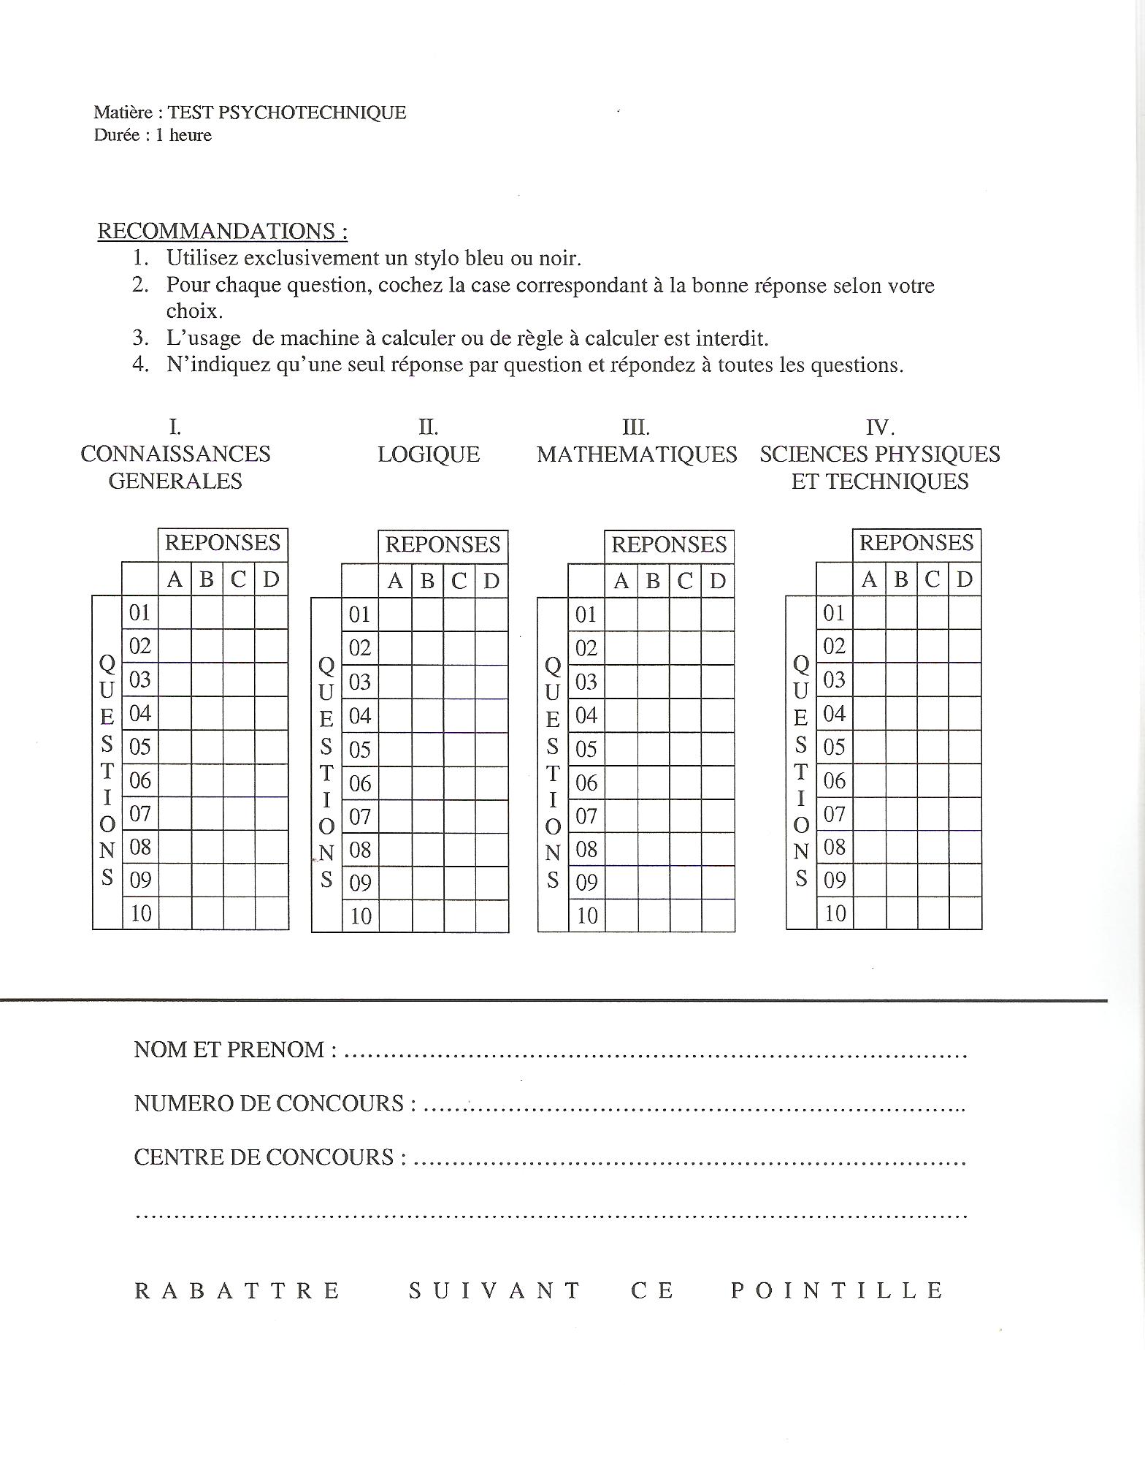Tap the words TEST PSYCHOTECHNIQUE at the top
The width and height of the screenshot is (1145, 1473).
click(x=287, y=113)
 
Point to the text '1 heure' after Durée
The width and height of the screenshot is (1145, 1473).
click(x=183, y=135)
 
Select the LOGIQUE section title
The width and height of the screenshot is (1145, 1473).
click(x=429, y=454)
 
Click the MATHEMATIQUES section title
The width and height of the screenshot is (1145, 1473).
click(x=637, y=454)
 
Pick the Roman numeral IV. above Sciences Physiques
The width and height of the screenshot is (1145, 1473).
click(x=880, y=427)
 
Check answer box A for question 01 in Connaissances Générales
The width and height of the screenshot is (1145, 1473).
click(x=175, y=613)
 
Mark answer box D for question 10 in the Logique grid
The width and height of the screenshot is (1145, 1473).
click(x=491, y=916)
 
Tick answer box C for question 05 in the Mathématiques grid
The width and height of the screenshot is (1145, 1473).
click(x=685, y=749)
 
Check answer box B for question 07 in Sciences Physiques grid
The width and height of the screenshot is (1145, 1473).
click(x=902, y=813)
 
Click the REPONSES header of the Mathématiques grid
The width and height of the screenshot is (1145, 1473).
click(x=669, y=545)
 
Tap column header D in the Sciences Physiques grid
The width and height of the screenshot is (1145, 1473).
click(x=965, y=579)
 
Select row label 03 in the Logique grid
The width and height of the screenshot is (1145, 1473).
click(x=360, y=682)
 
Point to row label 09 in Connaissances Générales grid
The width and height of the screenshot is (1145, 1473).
click(x=140, y=880)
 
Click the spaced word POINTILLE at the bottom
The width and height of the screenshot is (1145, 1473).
click(x=837, y=1290)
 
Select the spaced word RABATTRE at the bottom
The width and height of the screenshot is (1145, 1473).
click(x=237, y=1290)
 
